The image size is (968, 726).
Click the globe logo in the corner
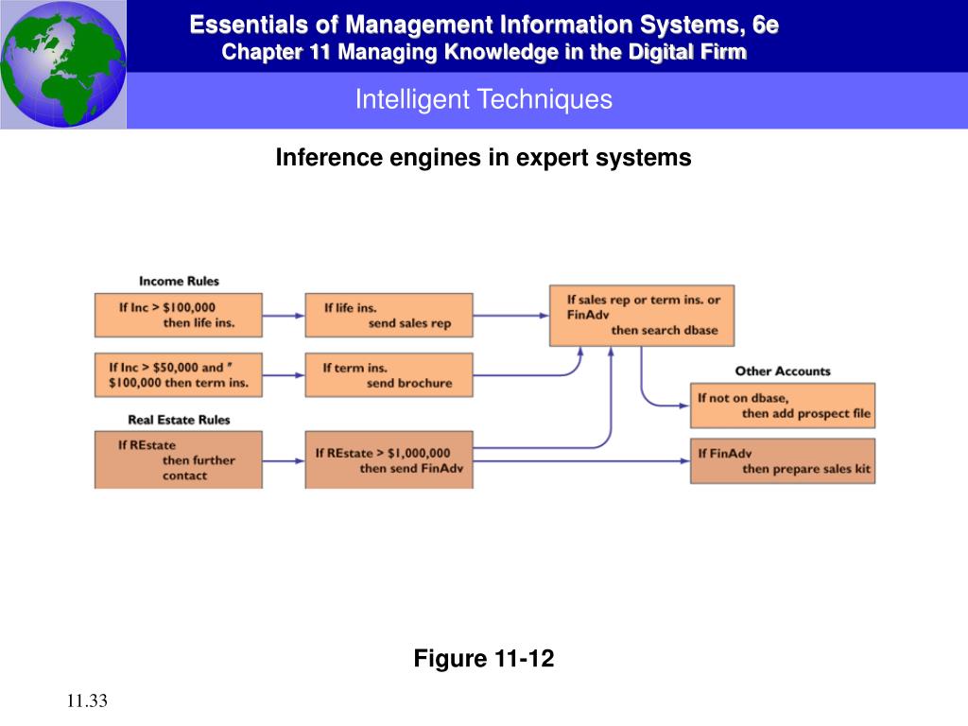62,63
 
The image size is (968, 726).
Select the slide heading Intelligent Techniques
483,99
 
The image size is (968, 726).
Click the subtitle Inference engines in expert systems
483,158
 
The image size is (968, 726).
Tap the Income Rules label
179,281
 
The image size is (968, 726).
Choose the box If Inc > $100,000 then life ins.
178,315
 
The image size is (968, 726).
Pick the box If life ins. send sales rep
388,315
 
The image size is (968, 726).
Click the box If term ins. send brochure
388,375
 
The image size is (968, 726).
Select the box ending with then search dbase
641,315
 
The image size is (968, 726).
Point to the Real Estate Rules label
179,419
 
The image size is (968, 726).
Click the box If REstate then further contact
178,459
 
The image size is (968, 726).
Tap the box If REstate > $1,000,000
388,460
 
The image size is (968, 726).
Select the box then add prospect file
783,406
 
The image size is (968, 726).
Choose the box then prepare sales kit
783,460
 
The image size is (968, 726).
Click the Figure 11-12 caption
483,659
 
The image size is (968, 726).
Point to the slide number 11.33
88,700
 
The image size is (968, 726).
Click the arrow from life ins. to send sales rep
284,315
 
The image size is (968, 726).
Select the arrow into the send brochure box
284,375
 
